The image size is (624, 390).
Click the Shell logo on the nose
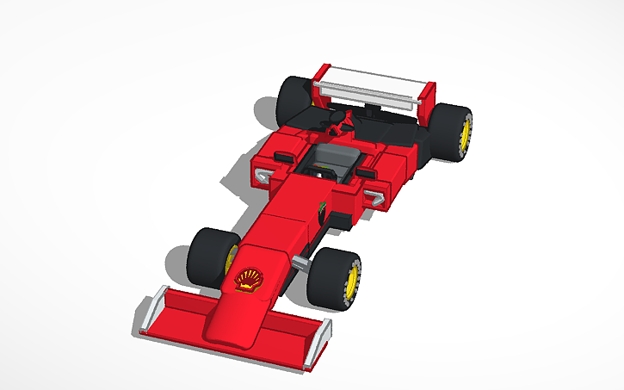pyautogui.click(x=248, y=278)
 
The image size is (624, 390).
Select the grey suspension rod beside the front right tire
pyautogui.click(x=300, y=261)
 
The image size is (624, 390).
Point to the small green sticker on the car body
pyautogui.click(x=323, y=207)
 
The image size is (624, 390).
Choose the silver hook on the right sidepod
pyautogui.click(x=376, y=200)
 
